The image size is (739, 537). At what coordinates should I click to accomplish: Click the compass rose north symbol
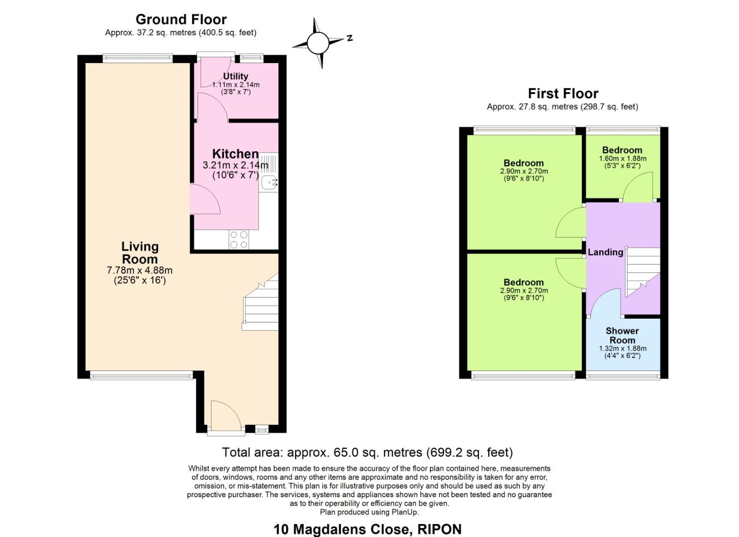click(x=317, y=43)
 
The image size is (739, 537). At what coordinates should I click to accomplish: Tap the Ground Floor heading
click(x=181, y=19)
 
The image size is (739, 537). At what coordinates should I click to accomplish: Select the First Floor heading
click(x=563, y=93)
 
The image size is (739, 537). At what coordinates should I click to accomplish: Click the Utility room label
click(x=235, y=76)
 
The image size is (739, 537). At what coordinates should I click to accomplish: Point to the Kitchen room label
click(x=235, y=154)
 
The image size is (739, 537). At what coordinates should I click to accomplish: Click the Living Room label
click(x=140, y=253)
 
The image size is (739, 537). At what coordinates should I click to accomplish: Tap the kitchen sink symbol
click(x=269, y=182)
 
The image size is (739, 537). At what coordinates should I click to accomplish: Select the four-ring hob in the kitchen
click(x=238, y=240)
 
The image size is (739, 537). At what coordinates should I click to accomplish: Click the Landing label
click(x=605, y=252)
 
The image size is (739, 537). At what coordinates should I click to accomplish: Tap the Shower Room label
click(x=622, y=336)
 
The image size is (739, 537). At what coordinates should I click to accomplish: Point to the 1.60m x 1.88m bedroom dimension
click(x=622, y=159)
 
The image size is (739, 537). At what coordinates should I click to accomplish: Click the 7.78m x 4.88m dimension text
click(x=140, y=270)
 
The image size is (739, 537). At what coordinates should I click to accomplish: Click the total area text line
click(x=367, y=452)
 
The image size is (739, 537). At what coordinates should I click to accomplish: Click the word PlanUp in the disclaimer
click(x=406, y=512)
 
